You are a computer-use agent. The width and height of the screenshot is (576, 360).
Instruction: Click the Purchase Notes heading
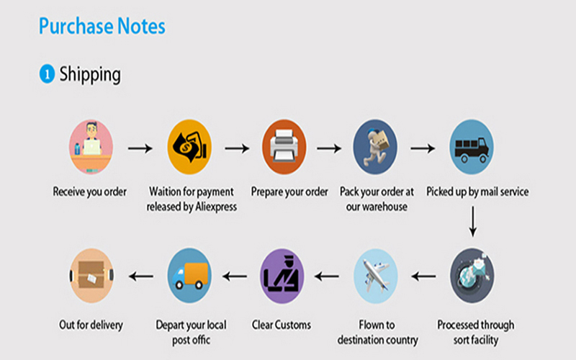[102, 26]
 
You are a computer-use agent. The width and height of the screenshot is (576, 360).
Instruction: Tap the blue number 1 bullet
[47, 73]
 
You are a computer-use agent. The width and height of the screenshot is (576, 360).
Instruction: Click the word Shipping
[90, 75]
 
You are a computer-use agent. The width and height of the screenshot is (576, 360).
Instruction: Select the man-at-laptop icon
[91, 147]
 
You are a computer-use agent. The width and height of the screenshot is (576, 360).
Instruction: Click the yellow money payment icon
[189, 147]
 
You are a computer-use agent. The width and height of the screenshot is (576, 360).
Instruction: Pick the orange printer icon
[284, 147]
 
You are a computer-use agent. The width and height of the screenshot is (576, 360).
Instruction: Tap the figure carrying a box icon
[375, 147]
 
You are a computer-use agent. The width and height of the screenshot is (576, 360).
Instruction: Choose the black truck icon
[472, 147]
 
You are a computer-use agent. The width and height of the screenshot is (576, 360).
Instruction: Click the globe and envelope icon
[472, 276]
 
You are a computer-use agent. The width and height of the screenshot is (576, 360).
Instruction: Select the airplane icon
[375, 276]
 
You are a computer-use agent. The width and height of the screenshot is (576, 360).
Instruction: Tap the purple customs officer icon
[282, 276]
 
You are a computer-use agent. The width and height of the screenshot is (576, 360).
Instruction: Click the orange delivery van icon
[189, 276]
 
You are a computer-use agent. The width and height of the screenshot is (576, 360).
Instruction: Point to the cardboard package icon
[91, 276]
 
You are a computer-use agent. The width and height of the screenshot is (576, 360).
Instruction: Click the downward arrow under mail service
[473, 222]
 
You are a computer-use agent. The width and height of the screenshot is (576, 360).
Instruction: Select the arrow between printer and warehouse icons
[329, 148]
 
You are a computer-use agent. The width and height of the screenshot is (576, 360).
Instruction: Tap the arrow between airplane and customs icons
[327, 276]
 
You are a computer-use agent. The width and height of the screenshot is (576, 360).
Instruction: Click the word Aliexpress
[216, 207]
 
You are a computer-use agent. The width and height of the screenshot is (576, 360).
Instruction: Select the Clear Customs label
[282, 325]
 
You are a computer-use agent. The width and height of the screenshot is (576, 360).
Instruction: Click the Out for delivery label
[91, 325]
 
